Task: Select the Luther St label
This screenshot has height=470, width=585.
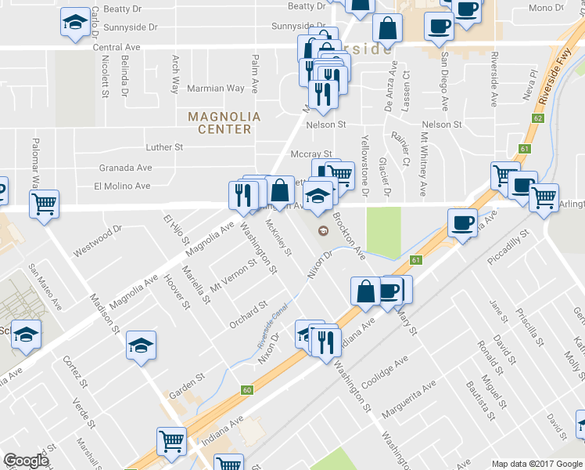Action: tap(164, 146)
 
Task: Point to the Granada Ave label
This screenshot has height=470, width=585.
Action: tap(125, 168)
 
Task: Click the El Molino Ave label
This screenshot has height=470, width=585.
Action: tap(121, 186)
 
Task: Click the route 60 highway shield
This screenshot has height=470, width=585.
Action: tap(247, 389)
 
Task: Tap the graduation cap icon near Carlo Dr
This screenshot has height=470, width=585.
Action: tap(75, 23)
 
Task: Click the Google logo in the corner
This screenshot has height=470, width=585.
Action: tap(26, 461)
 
